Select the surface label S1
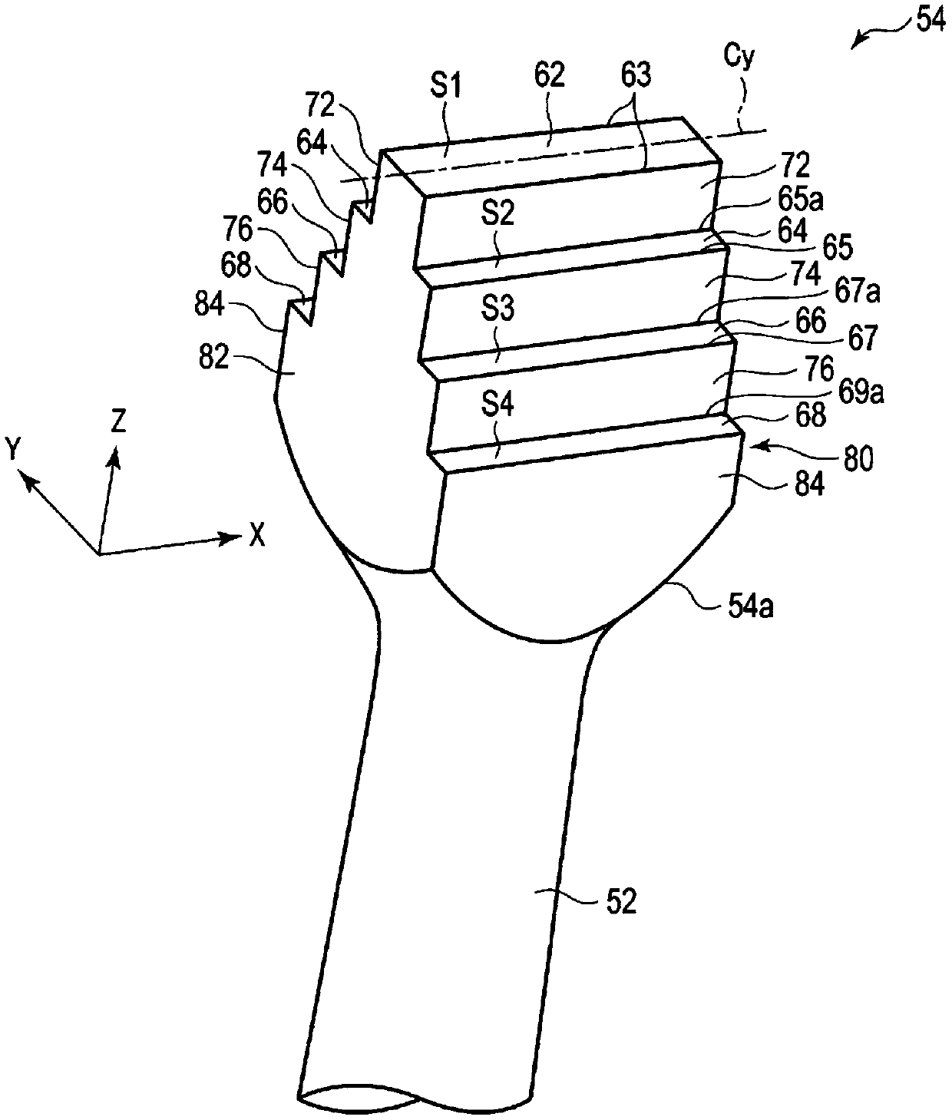[445, 87]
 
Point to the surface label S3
[497, 309]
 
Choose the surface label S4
[497, 405]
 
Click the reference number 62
[549, 75]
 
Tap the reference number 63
[636, 75]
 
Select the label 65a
[800, 200]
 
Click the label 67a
[857, 292]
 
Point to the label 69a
[861, 392]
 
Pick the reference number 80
[858, 460]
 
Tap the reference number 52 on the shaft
[620, 903]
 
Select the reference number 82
[213, 358]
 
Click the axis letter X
[256, 536]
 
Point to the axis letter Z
[118, 421]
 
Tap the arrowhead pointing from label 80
[757, 446]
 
